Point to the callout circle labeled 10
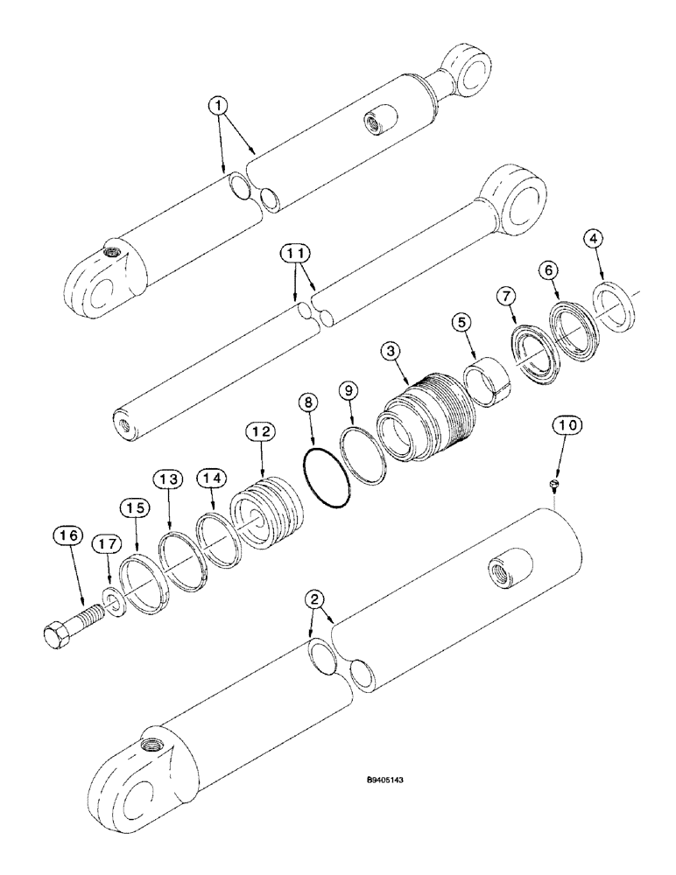tap(564, 426)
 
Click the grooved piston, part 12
tap(264, 523)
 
